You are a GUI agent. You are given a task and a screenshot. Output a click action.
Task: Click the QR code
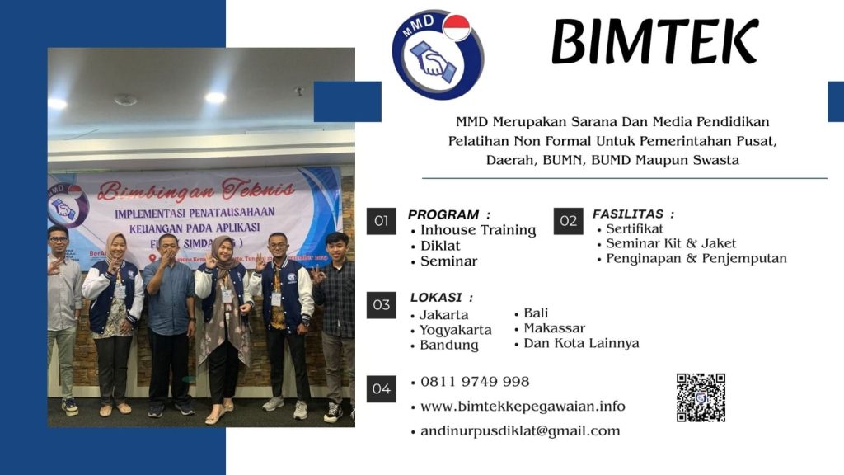coord(701,397)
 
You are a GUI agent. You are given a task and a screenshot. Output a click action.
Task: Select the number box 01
coord(381,221)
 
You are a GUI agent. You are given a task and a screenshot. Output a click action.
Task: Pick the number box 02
coord(568,221)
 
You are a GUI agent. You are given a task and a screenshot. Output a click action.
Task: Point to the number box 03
coord(381,305)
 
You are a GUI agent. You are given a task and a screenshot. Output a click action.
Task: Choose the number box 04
coord(381,388)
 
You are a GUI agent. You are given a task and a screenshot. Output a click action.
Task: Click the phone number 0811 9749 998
coord(475,382)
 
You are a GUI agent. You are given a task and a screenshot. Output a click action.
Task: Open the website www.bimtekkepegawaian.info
coord(523,407)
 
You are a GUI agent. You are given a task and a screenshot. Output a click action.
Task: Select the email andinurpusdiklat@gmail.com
coord(520,431)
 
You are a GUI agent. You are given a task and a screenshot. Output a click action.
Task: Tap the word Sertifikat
coord(635,228)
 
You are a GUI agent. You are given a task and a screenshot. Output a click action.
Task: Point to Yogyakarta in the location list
coord(456,330)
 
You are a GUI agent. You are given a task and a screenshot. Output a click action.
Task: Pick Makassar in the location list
coord(555,328)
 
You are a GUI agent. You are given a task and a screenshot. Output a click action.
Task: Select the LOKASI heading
coord(442,298)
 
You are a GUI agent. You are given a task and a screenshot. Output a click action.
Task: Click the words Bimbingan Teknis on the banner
coord(195,190)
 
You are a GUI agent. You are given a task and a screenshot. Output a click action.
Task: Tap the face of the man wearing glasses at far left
coord(58,240)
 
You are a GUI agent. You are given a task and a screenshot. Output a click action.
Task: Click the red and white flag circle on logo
coord(456,27)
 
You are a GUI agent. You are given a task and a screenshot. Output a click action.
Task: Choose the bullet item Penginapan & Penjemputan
coord(696,258)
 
